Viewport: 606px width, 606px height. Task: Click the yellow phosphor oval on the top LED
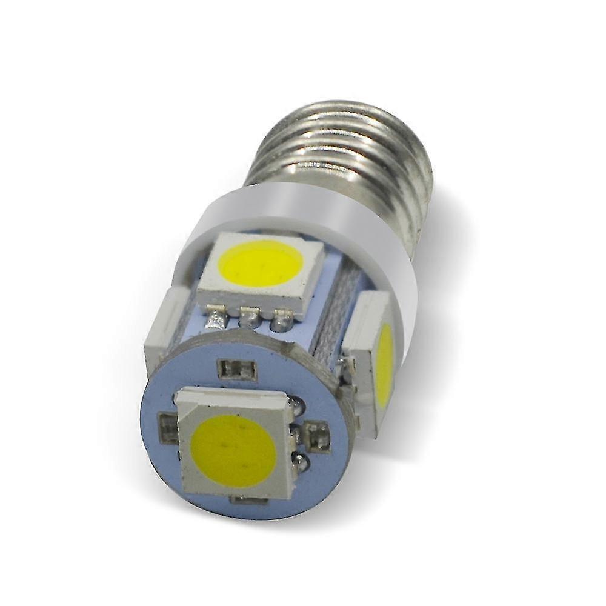[261, 264]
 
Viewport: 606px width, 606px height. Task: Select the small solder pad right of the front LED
[317, 435]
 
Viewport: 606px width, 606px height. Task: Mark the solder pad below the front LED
[248, 500]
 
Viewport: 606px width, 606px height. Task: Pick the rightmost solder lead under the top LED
[280, 319]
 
